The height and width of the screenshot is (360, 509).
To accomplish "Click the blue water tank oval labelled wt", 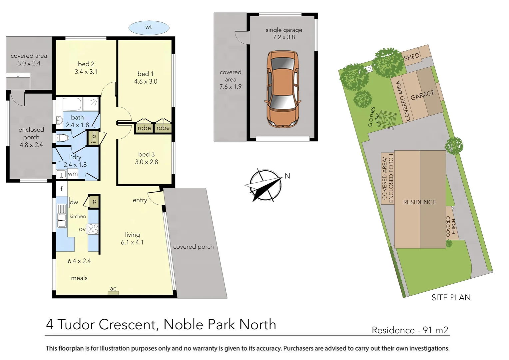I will (x=149, y=27).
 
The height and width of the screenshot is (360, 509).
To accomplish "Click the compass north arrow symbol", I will (x=265, y=185).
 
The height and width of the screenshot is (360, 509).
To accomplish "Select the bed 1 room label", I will (x=145, y=74).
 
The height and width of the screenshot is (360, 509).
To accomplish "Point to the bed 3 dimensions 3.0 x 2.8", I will (x=146, y=162).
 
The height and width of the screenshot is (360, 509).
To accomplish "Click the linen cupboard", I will (x=93, y=138).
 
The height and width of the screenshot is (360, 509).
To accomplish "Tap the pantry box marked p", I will (x=94, y=202).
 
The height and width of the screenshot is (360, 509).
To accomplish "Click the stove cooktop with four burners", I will (x=93, y=229).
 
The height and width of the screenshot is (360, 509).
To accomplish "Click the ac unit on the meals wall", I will (x=113, y=293).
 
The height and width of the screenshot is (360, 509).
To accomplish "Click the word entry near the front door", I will (x=140, y=200).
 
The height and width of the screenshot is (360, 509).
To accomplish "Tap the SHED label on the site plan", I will (x=411, y=57).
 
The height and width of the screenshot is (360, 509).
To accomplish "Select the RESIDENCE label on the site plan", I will (x=419, y=202).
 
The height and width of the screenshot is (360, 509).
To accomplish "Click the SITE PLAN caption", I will (x=451, y=297).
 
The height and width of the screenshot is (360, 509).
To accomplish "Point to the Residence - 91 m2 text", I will (x=410, y=330).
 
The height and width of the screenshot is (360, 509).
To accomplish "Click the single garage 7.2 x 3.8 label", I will (x=284, y=33).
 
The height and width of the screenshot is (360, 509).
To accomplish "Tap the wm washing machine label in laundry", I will (x=73, y=174).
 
